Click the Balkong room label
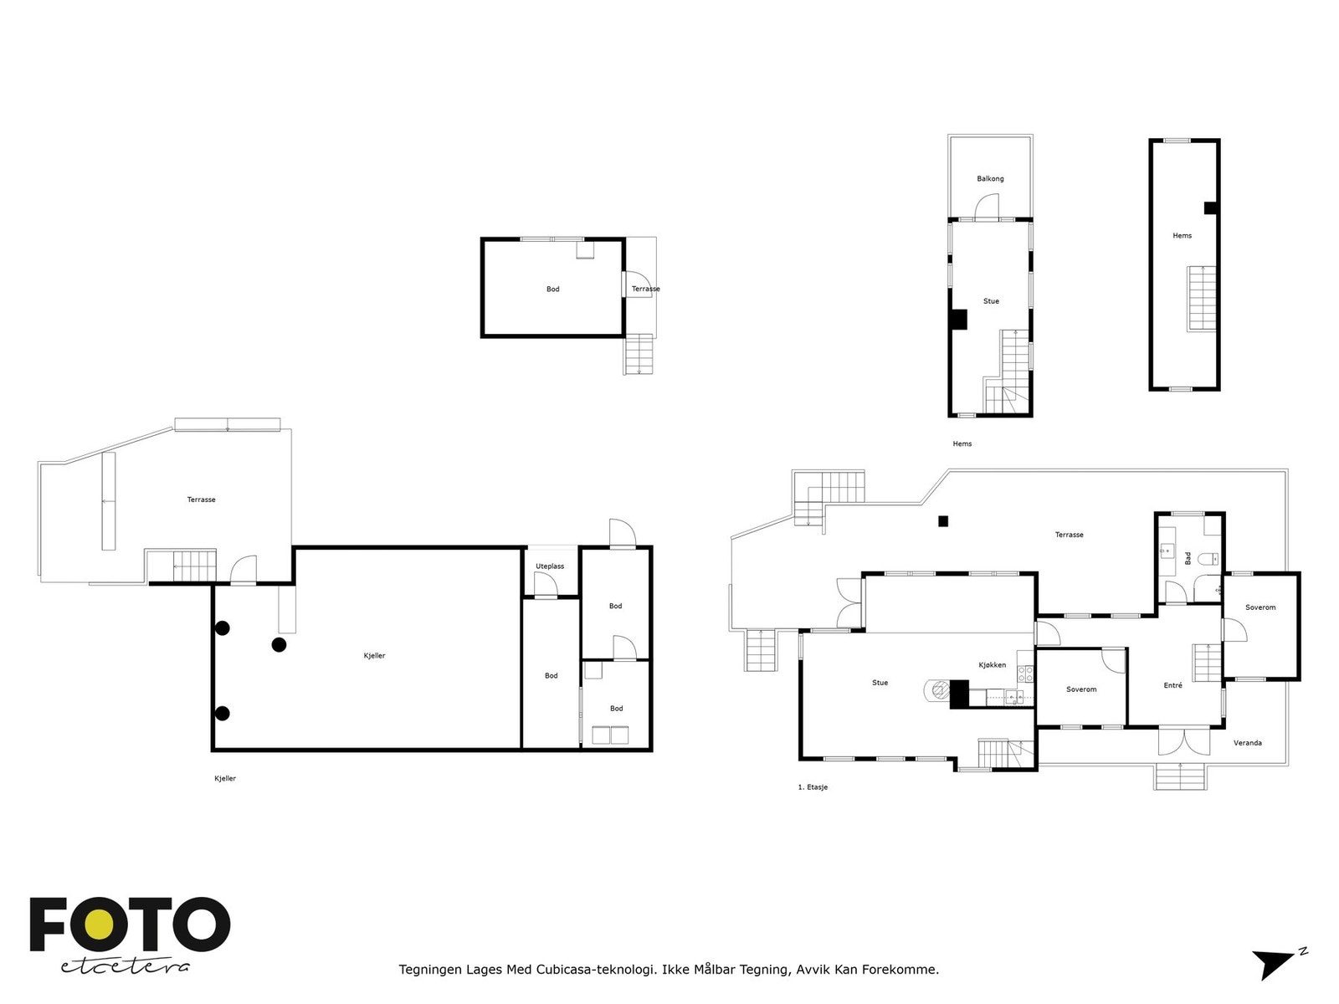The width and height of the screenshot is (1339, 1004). [989, 178]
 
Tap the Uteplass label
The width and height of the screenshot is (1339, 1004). [549, 566]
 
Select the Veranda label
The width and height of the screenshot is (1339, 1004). [1247, 742]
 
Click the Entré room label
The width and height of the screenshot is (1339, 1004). [1172, 685]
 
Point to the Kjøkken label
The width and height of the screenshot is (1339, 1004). [992, 665]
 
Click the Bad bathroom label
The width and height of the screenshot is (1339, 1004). [1187, 558]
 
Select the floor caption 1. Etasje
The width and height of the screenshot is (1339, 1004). [812, 787]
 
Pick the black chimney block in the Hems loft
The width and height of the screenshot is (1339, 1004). [1210, 207]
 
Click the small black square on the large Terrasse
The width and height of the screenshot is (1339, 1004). [942, 520]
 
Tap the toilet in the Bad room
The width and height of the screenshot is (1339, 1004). [1208, 557]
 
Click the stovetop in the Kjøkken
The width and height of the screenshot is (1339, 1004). [1025, 673]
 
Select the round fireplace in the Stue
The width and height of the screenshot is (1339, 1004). [937, 690]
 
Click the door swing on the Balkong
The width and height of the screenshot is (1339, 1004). [986, 207]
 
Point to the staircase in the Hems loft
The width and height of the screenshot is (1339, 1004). [1201, 299]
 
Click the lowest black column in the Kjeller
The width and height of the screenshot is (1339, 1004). [222, 713]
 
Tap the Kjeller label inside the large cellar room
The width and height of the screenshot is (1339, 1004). [374, 655]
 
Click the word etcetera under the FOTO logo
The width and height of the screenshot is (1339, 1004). [125, 967]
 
